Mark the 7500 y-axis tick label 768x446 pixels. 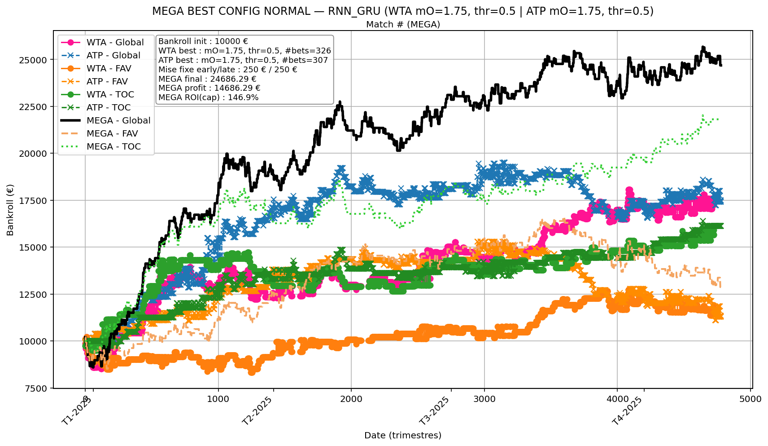36,389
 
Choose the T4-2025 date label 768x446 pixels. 628,411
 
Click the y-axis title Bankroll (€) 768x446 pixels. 10,210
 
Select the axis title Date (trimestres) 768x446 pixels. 402,435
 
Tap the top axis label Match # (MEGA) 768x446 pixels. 403,24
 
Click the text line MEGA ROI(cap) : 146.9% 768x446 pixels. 208,97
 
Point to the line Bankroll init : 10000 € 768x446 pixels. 203,41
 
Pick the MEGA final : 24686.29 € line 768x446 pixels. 207,79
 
